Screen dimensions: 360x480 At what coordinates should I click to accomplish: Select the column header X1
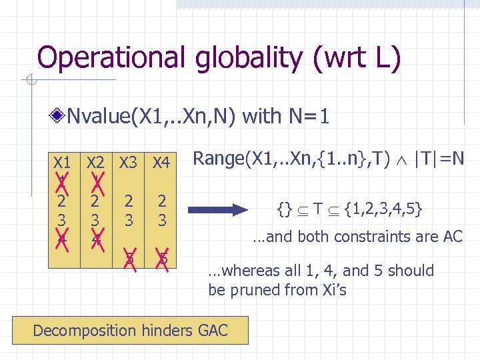[x=62, y=161]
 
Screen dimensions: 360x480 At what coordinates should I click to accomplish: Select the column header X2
[x=96, y=161]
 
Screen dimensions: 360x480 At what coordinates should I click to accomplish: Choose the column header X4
[x=161, y=161]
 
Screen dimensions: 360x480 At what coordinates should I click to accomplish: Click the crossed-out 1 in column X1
[x=62, y=183]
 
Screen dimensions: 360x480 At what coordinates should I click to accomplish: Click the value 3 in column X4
[x=161, y=219]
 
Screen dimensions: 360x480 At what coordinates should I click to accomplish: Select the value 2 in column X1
[x=62, y=201]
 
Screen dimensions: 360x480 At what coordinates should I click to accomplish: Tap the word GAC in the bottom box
[x=212, y=330]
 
